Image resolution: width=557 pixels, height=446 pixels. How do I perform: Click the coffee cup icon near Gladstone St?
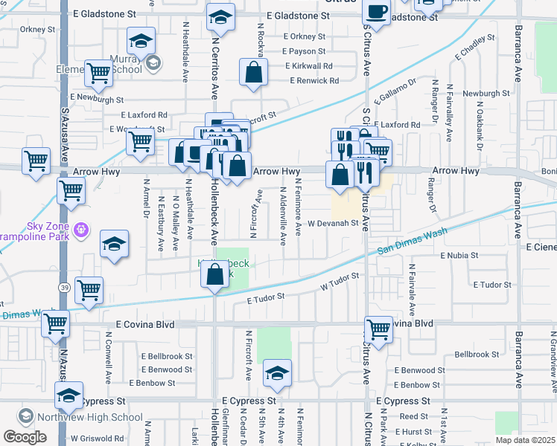point(376,13)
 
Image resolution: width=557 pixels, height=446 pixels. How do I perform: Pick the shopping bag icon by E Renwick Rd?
point(254,73)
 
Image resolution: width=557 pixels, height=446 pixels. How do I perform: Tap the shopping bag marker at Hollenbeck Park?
point(214,275)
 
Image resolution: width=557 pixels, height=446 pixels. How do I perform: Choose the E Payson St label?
point(305,51)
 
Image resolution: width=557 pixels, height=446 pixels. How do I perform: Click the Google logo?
point(25,437)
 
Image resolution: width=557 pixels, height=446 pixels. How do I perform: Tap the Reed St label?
point(414,417)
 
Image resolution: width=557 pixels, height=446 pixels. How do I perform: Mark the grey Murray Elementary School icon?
point(153,62)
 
